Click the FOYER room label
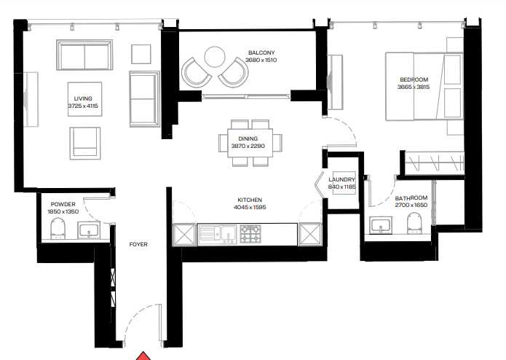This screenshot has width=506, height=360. (138, 244)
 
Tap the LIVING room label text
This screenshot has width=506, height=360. (83, 98)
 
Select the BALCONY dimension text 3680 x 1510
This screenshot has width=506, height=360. (261, 60)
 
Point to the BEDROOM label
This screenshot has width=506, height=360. (414, 79)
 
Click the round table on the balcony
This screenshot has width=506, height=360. (215, 57)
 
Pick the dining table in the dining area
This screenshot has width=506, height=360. (250, 143)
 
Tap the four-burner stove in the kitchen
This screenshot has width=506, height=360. (250, 234)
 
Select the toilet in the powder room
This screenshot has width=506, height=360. (58, 228)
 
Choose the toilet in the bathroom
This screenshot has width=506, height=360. (414, 223)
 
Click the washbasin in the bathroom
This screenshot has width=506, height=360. (381, 224)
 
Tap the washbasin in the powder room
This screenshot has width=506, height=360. (89, 230)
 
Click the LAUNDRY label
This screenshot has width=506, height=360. (341, 179)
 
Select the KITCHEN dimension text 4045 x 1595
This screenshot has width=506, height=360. (250, 207)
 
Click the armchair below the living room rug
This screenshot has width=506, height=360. (85, 143)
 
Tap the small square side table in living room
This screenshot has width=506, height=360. (141, 54)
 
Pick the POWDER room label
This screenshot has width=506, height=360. (63, 204)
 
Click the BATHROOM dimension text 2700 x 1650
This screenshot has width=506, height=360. (411, 205)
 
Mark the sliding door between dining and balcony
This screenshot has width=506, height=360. (246, 96)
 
